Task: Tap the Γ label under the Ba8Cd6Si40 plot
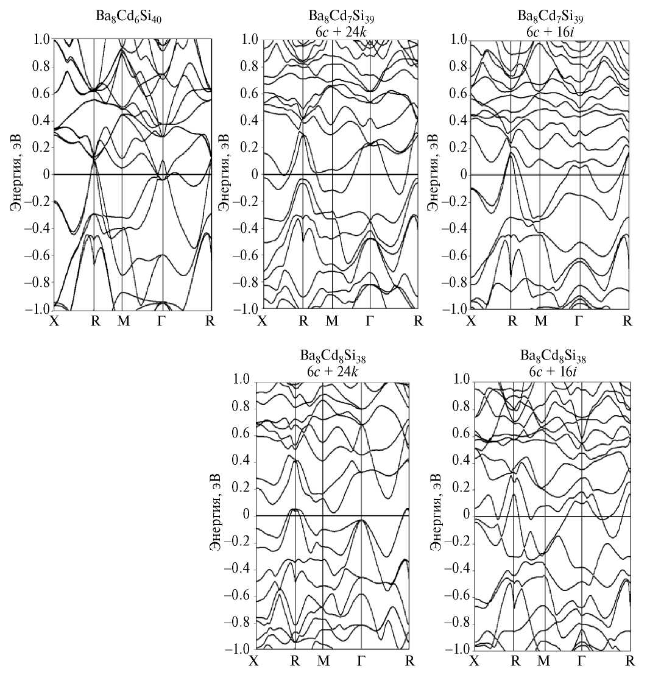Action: pos(161,320)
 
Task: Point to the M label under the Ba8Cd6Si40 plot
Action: pos(124,320)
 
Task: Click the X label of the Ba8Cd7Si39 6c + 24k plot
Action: pos(263,320)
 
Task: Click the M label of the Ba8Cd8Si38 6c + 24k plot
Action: pos(323,661)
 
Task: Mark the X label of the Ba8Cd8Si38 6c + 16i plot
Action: pos(475,661)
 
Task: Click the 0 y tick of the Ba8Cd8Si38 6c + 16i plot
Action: pos(465,515)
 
